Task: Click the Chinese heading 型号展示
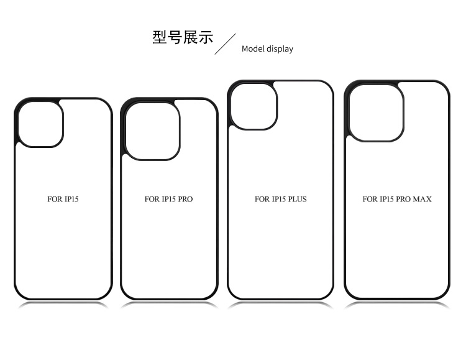pyautogui.click(x=182, y=37)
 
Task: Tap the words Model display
pyautogui.click(x=267, y=48)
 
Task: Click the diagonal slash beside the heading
pyautogui.click(x=226, y=44)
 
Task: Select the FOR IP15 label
pyautogui.click(x=63, y=200)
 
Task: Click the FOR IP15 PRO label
pyautogui.click(x=168, y=200)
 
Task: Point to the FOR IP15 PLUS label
pyautogui.click(x=280, y=200)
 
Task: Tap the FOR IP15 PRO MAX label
pyautogui.click(x=396, y=200)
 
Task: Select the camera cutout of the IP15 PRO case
pyautogui.click(x=152, y=129)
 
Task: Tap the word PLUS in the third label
pyautogui.click(x=296, y=200)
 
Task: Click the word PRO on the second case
pyautogui.click(x=185, y=200)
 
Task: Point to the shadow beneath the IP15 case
pyautogui.click(x=63, y=304)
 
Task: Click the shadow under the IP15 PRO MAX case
pyautogui.click(x=396, y=304)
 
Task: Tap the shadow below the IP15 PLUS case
pyautogui.click(x=280, y=304)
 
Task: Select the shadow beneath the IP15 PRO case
pyautogui.click(x=169, y=304)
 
